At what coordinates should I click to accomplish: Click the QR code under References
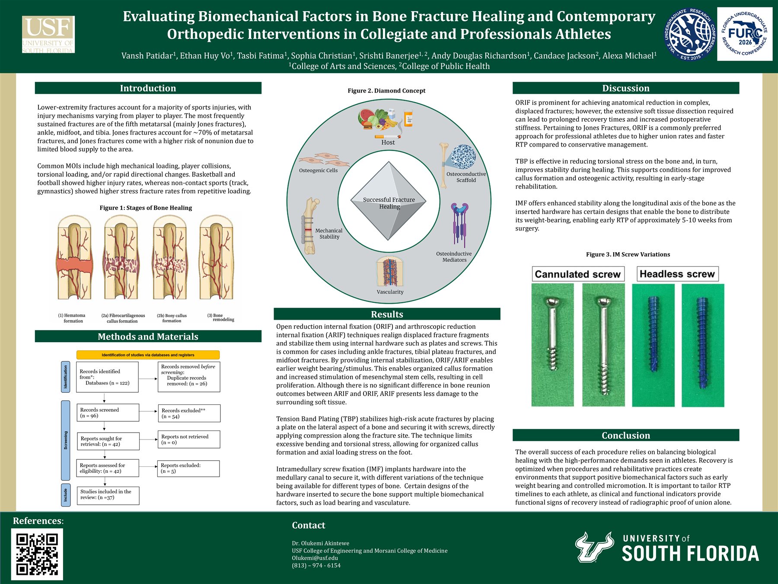[37, 554]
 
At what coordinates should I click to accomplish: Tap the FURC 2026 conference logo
[745, 34]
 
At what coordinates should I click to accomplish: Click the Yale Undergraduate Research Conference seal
[689, 34]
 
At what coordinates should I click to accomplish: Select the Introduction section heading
[148, 88]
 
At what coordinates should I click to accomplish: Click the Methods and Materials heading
[148, 337]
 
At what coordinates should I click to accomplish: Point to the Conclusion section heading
[626, 435]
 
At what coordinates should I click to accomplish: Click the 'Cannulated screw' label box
[578, 274]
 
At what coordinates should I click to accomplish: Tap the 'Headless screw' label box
[677, 274]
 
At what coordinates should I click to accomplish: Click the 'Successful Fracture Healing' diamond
[389, 201]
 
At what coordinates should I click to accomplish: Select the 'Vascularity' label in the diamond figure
[390, 292]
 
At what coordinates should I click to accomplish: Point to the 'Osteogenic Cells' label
[318, 170]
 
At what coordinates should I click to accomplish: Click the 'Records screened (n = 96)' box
[108, 413]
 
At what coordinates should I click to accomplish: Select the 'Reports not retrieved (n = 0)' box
[189, 440]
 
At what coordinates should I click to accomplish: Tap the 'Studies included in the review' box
[108, 496]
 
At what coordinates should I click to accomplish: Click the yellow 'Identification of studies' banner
[148, 355]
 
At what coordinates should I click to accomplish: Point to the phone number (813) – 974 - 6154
[316, 565]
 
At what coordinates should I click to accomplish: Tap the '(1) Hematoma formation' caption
[73, 318]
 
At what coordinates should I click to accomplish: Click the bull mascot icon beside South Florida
[594, 547]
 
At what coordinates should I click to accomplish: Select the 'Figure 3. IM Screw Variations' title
[628, 254]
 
